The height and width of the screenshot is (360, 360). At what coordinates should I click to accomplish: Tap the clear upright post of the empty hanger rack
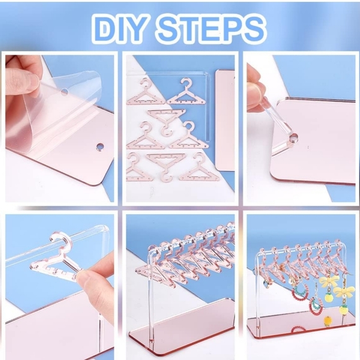155,292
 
